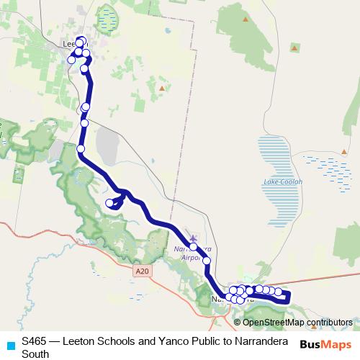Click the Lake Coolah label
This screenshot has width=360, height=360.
[283, 181]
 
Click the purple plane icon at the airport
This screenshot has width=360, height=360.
[192, 238]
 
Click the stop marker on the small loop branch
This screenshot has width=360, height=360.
[110, 203]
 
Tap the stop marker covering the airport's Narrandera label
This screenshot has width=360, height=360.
[194, 246]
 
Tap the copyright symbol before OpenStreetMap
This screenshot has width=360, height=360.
[238, 322]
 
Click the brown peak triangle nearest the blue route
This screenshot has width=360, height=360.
[162, 89]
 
